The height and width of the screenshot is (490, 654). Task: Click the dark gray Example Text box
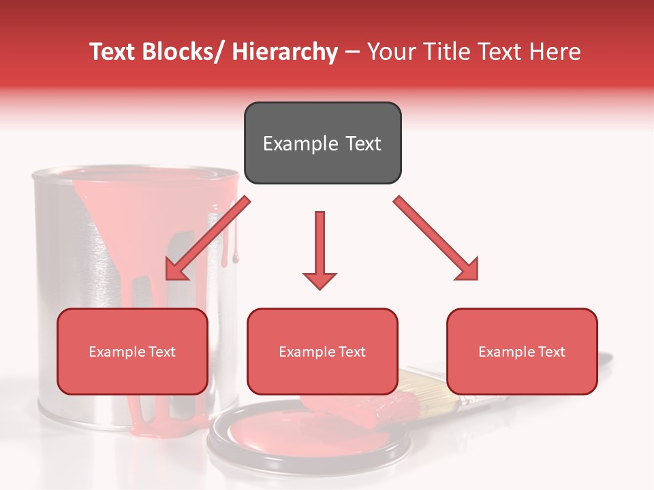tap(322, 143)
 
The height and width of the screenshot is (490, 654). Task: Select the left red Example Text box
tap(132, 351)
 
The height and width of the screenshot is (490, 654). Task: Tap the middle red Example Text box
tap(322, 351)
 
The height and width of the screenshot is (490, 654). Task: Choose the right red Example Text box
tap(522, 351)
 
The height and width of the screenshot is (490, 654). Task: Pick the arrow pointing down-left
tap(207, 239)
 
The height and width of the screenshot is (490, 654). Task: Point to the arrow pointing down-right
tap(437, 239)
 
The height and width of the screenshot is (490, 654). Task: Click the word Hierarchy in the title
tap(285, 52)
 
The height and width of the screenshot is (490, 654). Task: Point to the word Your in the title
tap(390, 52)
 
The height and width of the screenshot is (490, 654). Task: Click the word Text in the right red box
tap(552, 352)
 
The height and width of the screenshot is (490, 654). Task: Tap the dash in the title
tap(352, 52)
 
